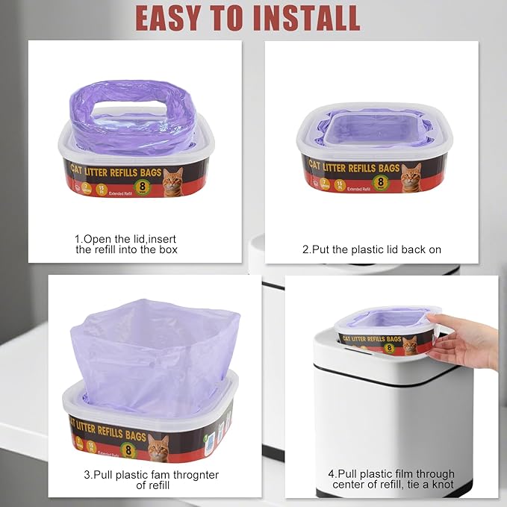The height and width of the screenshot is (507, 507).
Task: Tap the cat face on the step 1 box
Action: click(x=173, y=181)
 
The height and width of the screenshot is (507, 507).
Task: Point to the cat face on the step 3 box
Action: click(x=158, y=447)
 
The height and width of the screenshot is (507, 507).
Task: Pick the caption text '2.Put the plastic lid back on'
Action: click(x=371, y=249)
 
